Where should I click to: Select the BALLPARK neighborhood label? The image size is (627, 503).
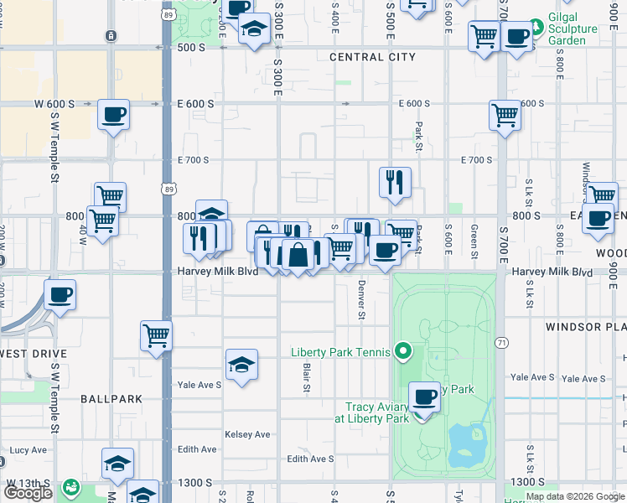click(x=111, y=399)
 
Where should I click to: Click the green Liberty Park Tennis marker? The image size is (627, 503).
click(x=403, y=350)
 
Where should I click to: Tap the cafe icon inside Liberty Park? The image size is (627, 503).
click(x=425, y=396)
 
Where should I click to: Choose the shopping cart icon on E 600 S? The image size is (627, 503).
click(x=505, y=116)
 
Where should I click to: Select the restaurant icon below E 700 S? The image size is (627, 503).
click(x=395, y=182)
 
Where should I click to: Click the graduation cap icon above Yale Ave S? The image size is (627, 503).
click(x=241, y=364)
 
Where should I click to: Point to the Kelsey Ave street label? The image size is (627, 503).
click(x=247, y=434)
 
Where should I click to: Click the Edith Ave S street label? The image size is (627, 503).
click(x=310, y=459)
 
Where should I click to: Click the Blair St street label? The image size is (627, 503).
click(x=306, y=376)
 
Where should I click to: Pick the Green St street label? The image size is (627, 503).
click(x=474, y=241)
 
